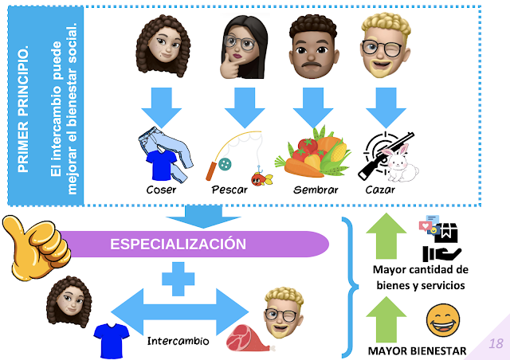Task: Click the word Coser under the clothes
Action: coord(161,190)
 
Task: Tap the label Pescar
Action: coord(229,190)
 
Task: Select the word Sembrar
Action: coord(316,190)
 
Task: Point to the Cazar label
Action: coord(380,190)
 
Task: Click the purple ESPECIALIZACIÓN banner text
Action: coord(178,244)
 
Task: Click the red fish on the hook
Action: coord(261,178)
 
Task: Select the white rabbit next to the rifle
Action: coord(401,163)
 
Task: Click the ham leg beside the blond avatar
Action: coord(249,338)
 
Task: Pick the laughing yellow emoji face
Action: coord(443,321)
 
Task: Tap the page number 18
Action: coord(496,343)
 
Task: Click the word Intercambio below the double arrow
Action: coord(178,341)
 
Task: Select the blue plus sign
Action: coord(178,279)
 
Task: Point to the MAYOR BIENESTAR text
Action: coord(417,351)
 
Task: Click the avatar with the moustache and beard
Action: coord(313,46)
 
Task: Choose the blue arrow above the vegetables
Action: coord(313,108)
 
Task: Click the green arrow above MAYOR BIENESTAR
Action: coord(386,319)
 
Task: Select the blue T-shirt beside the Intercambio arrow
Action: coord(112,341)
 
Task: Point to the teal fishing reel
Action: coord(225,164)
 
